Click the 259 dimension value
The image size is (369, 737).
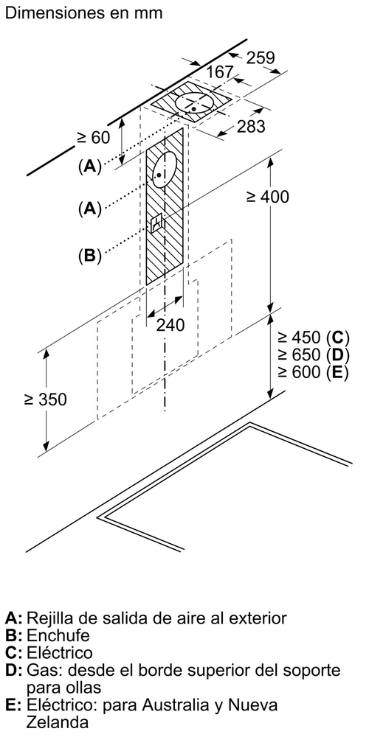click(261, 57)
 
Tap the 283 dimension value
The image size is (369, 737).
click(251, 127)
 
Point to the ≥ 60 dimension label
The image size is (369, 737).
click(93, 137)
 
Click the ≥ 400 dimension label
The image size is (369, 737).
click(267, 197)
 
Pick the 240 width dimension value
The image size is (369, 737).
click(170, 325)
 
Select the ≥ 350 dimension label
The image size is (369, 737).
click(46, 399)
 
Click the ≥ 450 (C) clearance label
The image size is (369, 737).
click(313, 338)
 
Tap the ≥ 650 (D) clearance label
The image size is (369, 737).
click(313, 355)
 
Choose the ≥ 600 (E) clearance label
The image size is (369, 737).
click(313, 372)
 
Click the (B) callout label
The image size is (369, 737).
click(90, 256)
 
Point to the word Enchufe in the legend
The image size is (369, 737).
click(58, 635)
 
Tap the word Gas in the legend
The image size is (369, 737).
click(41, 670)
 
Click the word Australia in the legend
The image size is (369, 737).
click(174, 705)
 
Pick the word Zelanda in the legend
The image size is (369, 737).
click(57, 722)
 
